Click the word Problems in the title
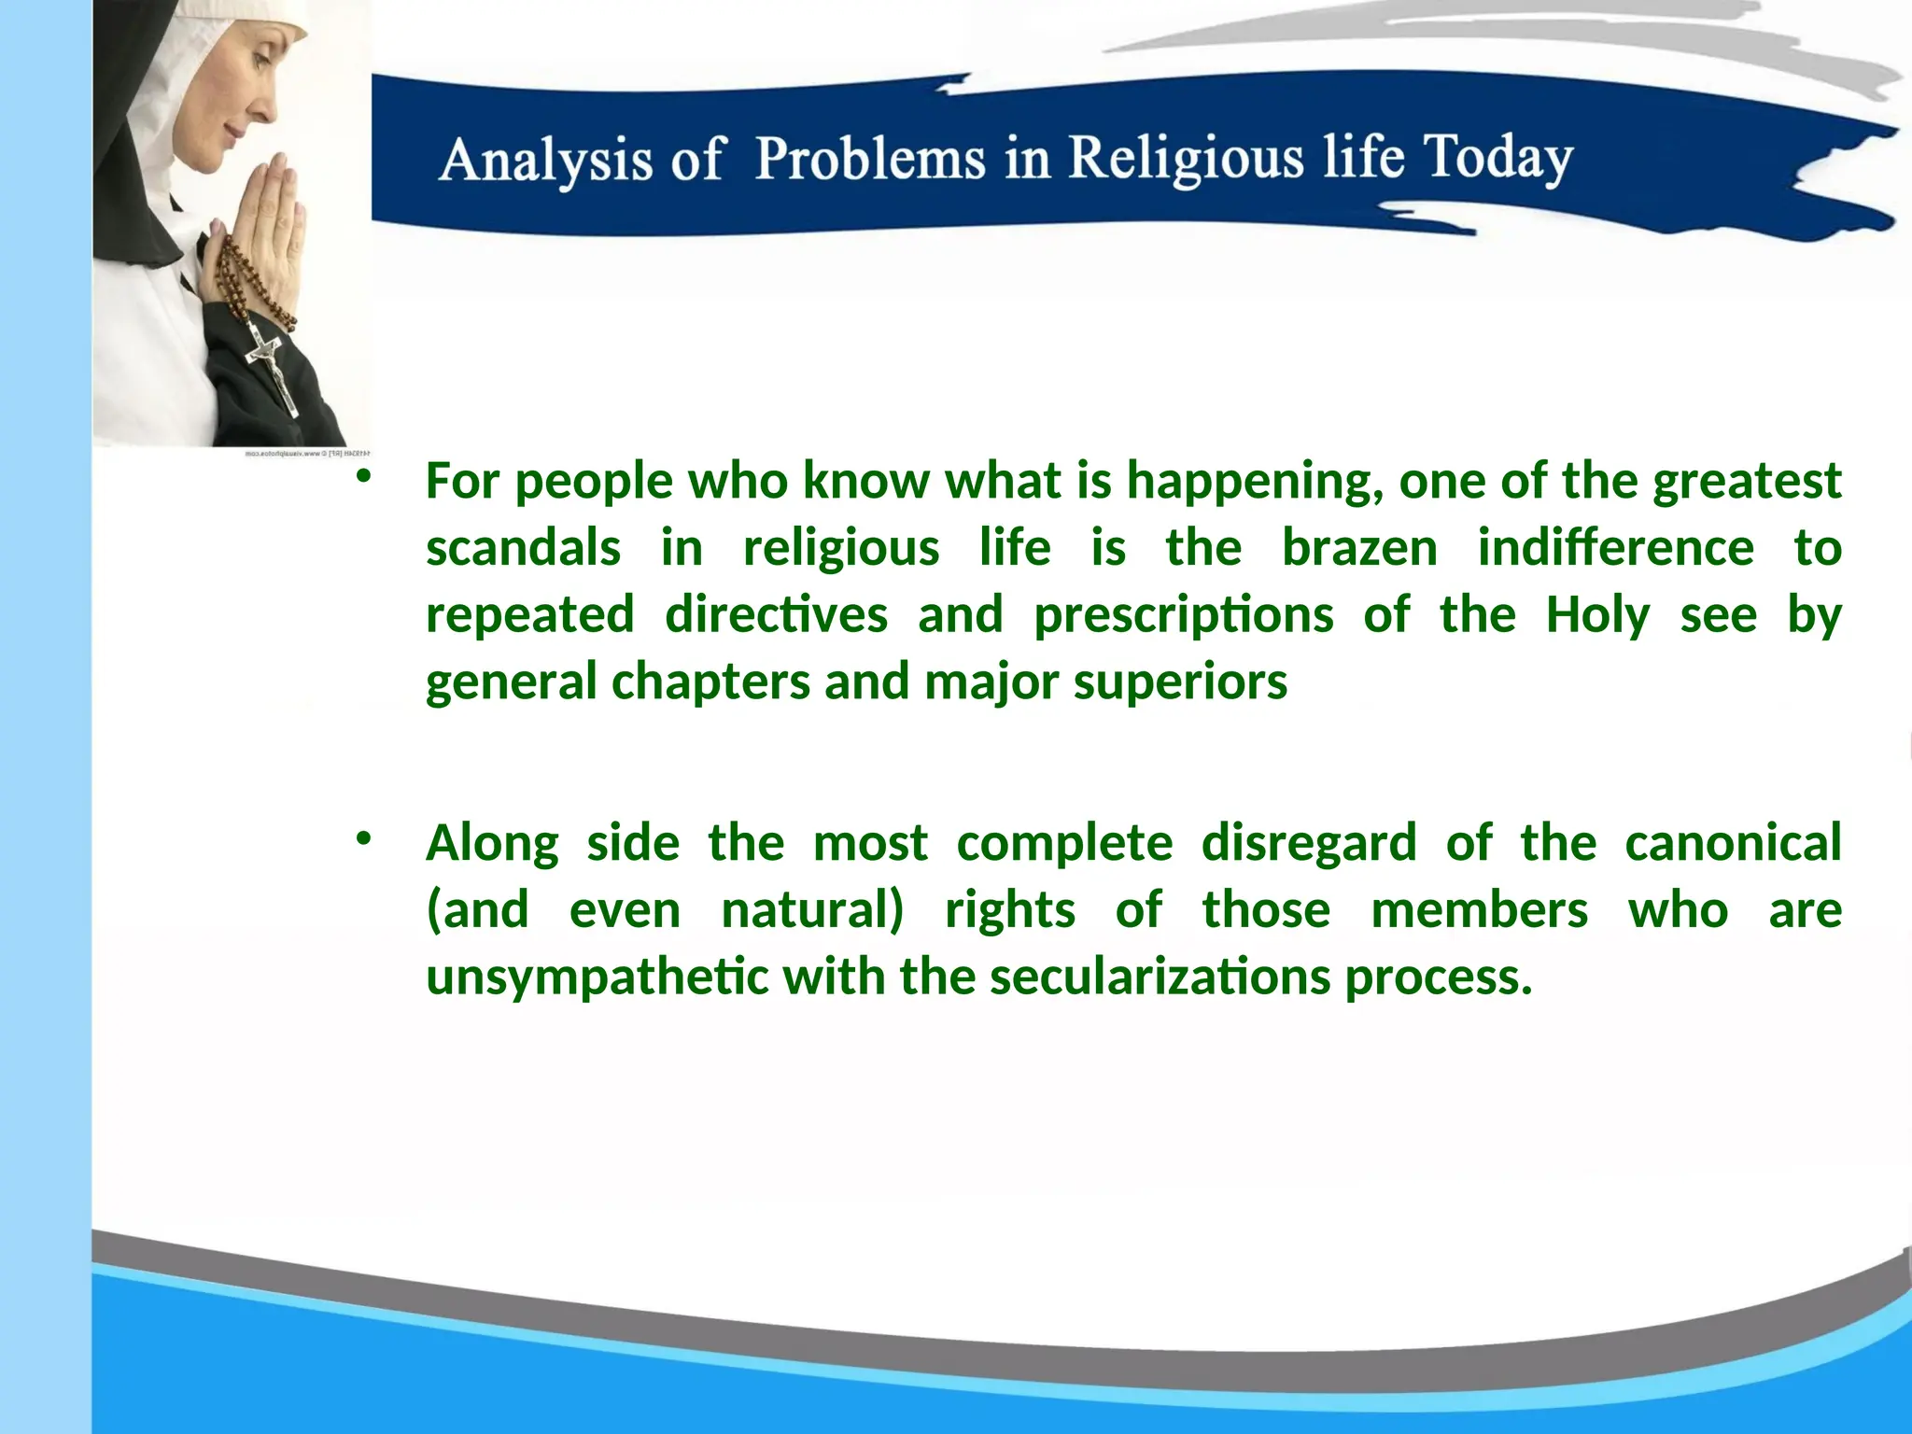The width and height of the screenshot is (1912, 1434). pyautogui.click(x=870, y=158)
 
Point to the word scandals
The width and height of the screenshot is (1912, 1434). pyautogui.click(x=523, y=548)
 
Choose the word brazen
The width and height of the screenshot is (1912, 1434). pyautogui.click(x=1359, y=548)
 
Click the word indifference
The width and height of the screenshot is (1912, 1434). pyautogui.click(x=1615, y=548)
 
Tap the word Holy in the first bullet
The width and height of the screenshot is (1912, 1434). pyautogui.click(x=1597, y=616)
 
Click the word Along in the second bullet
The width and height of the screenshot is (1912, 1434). pyautogui.click(x=492, y=844)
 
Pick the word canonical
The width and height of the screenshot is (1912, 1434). pyautogui.click(x=1733, y=844)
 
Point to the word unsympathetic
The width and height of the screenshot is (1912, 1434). pyautogui.click(x=597, y=978)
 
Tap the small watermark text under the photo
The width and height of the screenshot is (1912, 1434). pyautogui.click(x=307, y=454)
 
